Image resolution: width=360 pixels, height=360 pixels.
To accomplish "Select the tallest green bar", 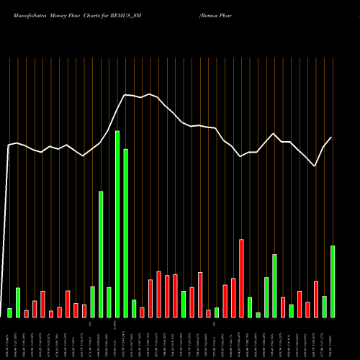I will tap(117, 224).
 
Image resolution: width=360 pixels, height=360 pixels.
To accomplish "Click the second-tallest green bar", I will tap(125, 233).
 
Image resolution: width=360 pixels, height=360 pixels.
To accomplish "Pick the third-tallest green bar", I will tap(101, 253).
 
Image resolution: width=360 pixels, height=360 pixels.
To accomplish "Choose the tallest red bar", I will tap(241, 278).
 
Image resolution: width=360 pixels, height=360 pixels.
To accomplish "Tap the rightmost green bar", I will tap(333, 281).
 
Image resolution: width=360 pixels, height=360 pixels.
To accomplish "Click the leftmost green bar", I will tap(10, 312).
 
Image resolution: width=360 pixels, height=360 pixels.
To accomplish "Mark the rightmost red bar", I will tap(315, 299).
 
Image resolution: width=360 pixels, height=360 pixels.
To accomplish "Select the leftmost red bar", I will tap(27, 313).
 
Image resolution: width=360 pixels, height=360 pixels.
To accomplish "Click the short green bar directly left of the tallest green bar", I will tap(109, 302).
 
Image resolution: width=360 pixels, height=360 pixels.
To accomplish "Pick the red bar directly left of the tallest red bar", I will tap(233, 297).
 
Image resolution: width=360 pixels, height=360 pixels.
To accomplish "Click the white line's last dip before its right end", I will tap(315, 166).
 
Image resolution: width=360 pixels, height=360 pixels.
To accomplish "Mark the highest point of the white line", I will tap(125, 94).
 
